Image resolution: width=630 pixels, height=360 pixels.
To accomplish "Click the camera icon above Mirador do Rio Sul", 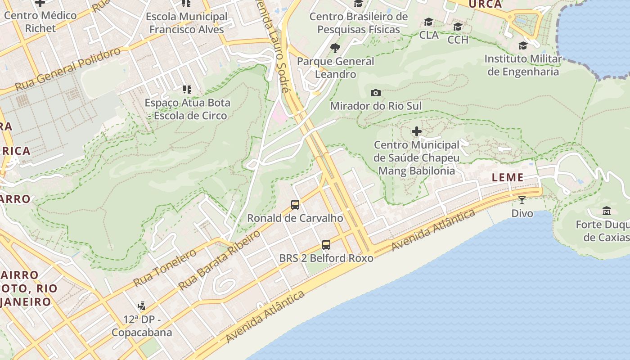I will [375, 93].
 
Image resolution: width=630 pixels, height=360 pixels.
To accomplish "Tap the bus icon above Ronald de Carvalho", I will [295, 205].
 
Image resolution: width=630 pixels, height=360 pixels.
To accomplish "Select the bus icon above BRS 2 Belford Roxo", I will [326, 245].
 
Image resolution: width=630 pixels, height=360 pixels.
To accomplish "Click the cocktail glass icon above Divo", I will [522, 200].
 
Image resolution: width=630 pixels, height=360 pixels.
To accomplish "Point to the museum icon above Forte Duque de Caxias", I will [607, 211].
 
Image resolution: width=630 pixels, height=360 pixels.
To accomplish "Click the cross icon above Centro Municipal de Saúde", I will [417, 131].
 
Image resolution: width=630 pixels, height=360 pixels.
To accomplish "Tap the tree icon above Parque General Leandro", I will [335, 48].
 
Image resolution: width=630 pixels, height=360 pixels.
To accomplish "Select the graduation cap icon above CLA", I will [428, 22].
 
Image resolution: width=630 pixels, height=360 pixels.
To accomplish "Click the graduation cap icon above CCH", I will [458, 27].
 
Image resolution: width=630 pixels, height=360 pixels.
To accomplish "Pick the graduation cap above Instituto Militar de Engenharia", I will [523, 45].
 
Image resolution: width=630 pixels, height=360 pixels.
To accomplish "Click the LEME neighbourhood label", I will [508, 178].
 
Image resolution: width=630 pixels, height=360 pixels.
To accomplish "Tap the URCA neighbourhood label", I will [485, 4].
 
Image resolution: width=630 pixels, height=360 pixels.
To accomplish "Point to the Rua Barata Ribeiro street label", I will [220, 260].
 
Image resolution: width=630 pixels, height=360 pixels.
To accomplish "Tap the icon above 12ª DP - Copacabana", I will [142, 306].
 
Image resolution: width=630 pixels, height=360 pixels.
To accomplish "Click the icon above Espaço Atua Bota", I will [187, 90].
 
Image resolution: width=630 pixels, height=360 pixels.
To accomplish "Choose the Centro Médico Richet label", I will [40, 22].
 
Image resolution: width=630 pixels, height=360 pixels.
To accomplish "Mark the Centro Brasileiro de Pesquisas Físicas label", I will [359, 23].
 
